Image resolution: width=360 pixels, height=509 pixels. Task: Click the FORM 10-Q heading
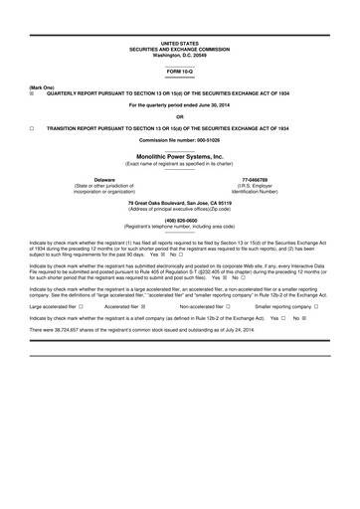pyautogui.click(x=180, y=73)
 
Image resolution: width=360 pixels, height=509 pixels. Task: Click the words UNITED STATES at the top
pyautogui.click(x=180, y=45)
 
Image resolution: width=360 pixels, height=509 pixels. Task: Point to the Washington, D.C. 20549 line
pyautogui.click(x=180, y=55)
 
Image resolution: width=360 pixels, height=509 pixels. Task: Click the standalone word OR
pyautogui.click(x=180, y=117)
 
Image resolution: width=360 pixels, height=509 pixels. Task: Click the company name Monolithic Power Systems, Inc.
pyautogui.click(x=180, y=158)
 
